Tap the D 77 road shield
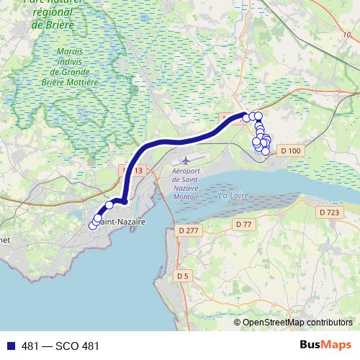click(x=243, y=225)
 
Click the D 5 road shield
click(x=181, y=275)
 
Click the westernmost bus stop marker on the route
click(x=92, y=226)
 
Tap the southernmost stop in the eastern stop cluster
click(x=265, y=151)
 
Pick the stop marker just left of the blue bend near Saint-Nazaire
click(x=109, y=205)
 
